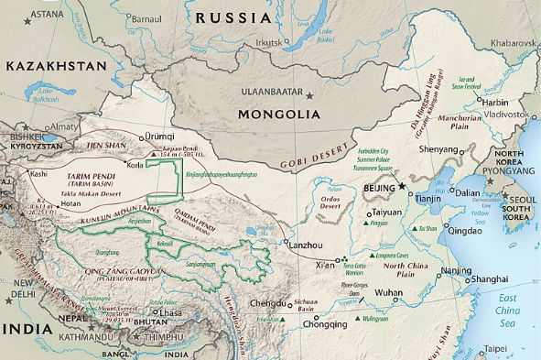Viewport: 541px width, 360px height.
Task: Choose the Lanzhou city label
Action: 308,245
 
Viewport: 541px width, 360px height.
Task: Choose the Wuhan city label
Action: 389,293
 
